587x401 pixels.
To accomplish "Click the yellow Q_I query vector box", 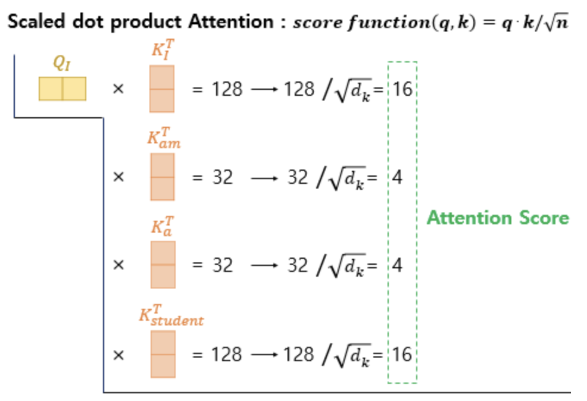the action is coord(63,89).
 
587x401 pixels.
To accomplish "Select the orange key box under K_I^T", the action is coord(162,89).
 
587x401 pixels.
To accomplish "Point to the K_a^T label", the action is coord(162,226).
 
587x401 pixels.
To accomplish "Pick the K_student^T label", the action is coord(171,315).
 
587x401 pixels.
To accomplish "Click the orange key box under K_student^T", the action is coord(163,354).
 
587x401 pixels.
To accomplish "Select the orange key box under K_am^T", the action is coord(162,177).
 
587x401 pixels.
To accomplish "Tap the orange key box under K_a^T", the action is coord(162,264).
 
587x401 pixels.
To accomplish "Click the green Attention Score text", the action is coord(498,218).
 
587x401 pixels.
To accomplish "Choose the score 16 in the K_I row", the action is coord(402,89).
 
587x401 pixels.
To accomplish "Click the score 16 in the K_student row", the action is coord(402,355).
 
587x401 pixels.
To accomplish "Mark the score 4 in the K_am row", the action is coord(397,177).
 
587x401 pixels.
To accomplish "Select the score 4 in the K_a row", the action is coord(397,265).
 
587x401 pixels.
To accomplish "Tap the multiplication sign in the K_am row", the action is coord(118,177).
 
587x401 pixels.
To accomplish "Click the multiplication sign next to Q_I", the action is coord(118,89).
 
